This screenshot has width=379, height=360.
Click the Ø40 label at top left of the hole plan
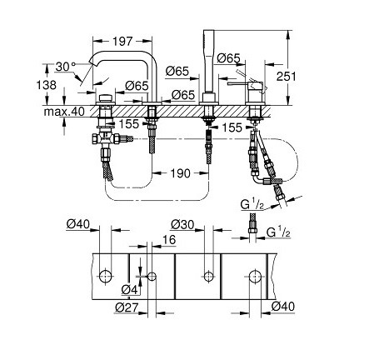(x=78, y=223)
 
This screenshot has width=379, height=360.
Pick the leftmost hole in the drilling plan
(x=103, y=276)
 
